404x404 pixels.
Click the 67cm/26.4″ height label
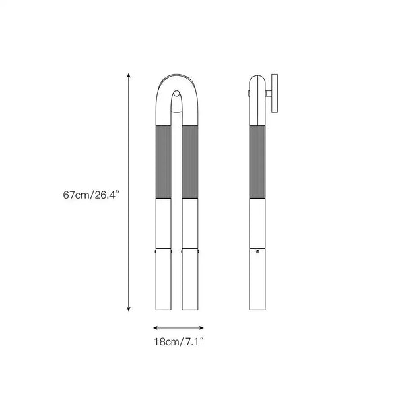click(92, 195)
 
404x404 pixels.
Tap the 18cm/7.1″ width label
click(178, 342)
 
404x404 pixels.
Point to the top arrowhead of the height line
click(129, 75)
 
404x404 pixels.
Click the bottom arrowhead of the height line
click(129, 309)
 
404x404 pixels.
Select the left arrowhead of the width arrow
click(155, 328)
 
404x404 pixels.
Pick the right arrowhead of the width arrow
click(201, 328)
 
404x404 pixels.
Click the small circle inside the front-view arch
click(176, 94)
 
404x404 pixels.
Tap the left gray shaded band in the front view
click(164, 162)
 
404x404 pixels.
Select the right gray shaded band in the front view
click(190, 162)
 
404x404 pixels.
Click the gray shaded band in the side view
click(257, 162)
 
